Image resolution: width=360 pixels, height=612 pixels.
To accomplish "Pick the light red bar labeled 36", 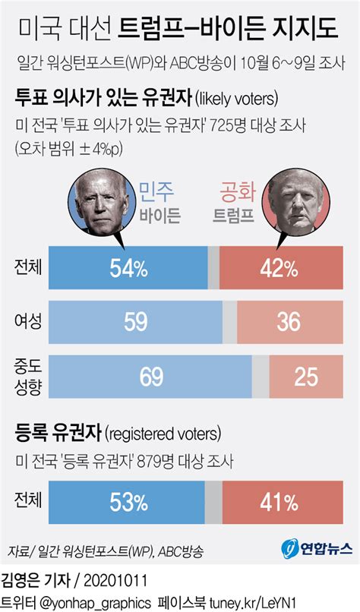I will (289, 322).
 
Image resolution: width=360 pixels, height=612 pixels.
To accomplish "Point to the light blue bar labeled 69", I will (150, 377).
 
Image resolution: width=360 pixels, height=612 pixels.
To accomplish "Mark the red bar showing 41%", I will (280, 500).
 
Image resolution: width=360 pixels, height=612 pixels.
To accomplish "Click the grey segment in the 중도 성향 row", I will (261, 377).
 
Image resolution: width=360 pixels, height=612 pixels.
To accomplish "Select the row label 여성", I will (27, 322).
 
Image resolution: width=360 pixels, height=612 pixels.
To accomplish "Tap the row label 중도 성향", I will (27, 377).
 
